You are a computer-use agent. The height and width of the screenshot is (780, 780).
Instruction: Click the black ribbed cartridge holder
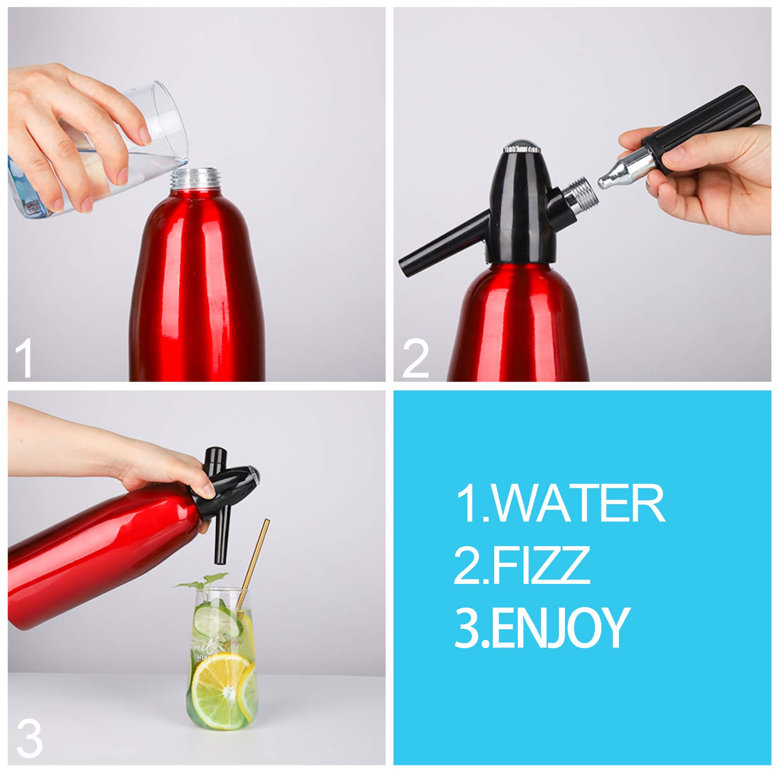pos(699,128)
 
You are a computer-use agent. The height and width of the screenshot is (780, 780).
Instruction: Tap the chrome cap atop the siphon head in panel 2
pos(522,148)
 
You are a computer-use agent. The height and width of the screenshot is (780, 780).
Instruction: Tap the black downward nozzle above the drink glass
pos(222,534)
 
